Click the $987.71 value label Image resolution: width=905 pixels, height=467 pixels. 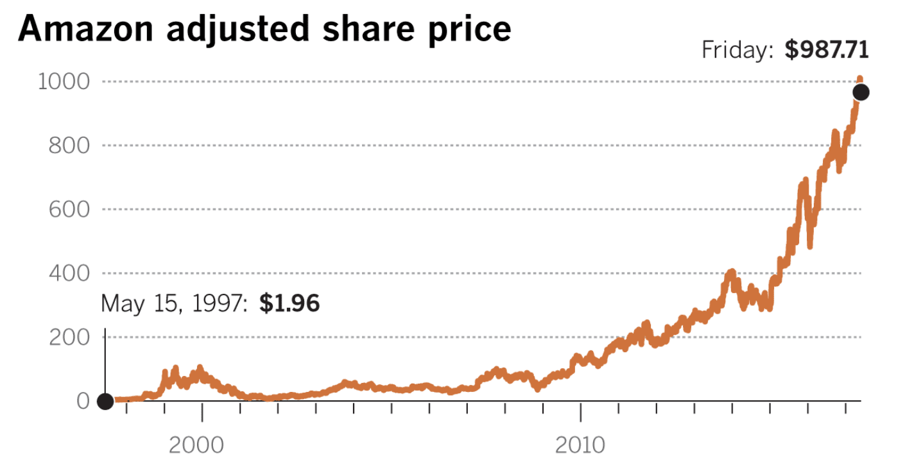coord(827,50)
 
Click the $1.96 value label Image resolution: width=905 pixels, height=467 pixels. coord(289,303)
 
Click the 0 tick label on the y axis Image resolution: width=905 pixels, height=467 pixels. coord(83,401)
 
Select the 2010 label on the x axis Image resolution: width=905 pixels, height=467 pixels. coord(580,445)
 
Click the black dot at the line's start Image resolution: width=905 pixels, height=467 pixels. coord(105,402)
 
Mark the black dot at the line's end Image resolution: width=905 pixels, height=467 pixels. coord(861,92)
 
